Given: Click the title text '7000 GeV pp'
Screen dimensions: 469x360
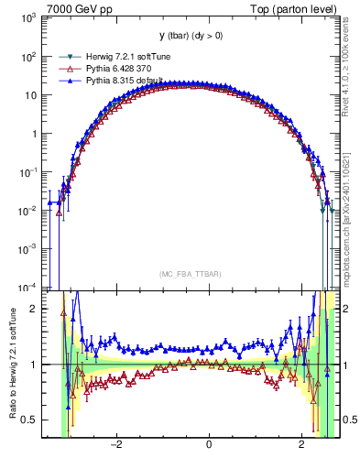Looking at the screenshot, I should coord(80,9).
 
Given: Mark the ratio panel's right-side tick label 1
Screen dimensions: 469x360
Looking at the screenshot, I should coord(347,365).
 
